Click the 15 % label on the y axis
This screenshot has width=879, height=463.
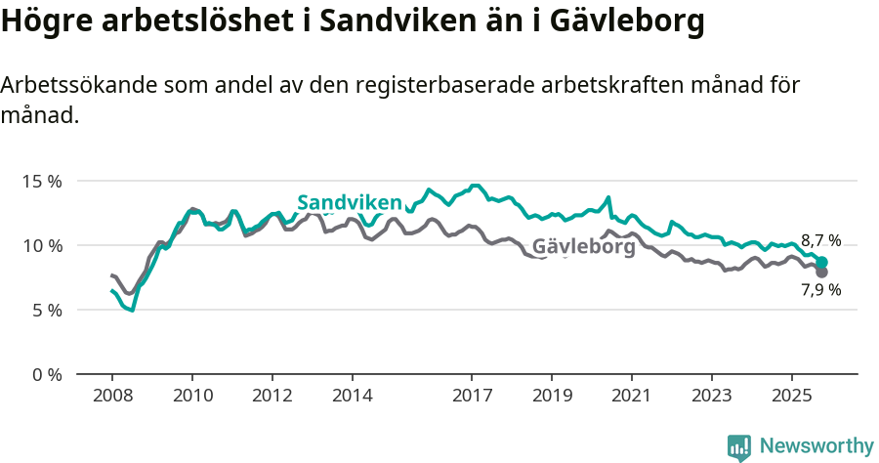[x=42, y=182]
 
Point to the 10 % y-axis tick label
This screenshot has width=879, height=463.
[x=42, y=246]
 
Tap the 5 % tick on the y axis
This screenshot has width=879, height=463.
[x=46, y=311]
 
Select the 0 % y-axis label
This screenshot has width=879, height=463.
[x=46, y=375]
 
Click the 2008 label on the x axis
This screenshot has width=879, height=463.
[x=112, y=398]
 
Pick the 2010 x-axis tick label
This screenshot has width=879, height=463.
[x=192, y=398]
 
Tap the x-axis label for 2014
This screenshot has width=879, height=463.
[x=353, y=398]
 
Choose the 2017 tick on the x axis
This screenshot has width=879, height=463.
[x=472, y=398]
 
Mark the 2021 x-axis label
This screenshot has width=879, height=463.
[x=632, y=398]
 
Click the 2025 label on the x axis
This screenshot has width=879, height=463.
[x=792, y=398]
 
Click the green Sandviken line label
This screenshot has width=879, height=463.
[x=350, y=202]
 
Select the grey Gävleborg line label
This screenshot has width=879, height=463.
[x=584, y=247]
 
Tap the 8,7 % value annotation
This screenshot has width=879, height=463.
[x=820, y=241]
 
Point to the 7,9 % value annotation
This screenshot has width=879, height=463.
[x=820, y=290]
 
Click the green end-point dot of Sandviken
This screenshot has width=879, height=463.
[x=822, y=262]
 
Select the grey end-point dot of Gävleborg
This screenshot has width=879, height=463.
[x=821, y=273]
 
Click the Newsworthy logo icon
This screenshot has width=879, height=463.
[x=739, y=447]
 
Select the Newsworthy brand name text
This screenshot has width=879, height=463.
[x=816, y=446]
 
